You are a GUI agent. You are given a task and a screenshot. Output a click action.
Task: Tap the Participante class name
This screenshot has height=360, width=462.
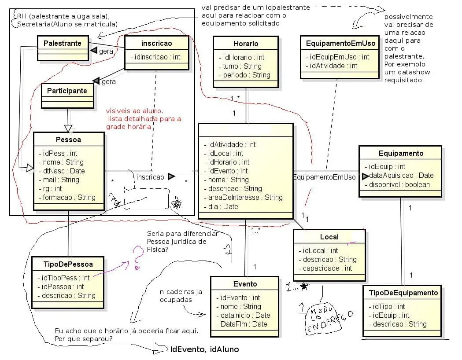tap(67, 91)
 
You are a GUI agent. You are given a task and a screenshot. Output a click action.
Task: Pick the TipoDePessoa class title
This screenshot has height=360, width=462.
tap(68, 264)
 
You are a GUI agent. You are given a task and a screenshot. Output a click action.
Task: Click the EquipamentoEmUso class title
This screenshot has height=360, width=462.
tap(340, 43)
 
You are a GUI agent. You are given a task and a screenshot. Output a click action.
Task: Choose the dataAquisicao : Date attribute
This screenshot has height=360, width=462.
tap(401, 175)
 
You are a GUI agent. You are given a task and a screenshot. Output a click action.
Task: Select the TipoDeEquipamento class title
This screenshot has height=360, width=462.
tap(403, 293)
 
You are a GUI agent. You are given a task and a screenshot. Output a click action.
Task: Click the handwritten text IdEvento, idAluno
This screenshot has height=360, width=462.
tap(204, 349)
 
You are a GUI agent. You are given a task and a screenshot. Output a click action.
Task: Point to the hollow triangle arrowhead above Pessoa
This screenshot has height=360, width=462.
tap(68, 128)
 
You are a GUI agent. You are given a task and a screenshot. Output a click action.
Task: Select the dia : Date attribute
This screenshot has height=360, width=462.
tap(223, 206)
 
